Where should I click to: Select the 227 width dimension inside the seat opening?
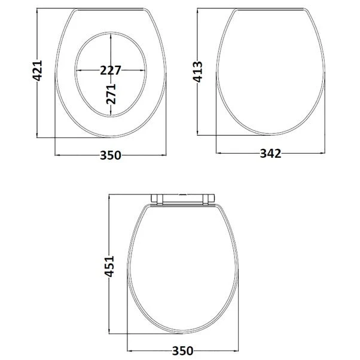(x=111, y=70)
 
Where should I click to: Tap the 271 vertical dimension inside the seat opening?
(x=111, y=93)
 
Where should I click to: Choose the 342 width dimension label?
(x=270, y=154)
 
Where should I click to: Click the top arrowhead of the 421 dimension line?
(x=41, y=12)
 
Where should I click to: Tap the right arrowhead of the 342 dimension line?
(x=322, y=154)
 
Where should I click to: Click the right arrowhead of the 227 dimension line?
(x=143, y=70)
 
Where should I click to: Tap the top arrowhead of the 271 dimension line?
(x=111, y=36)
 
